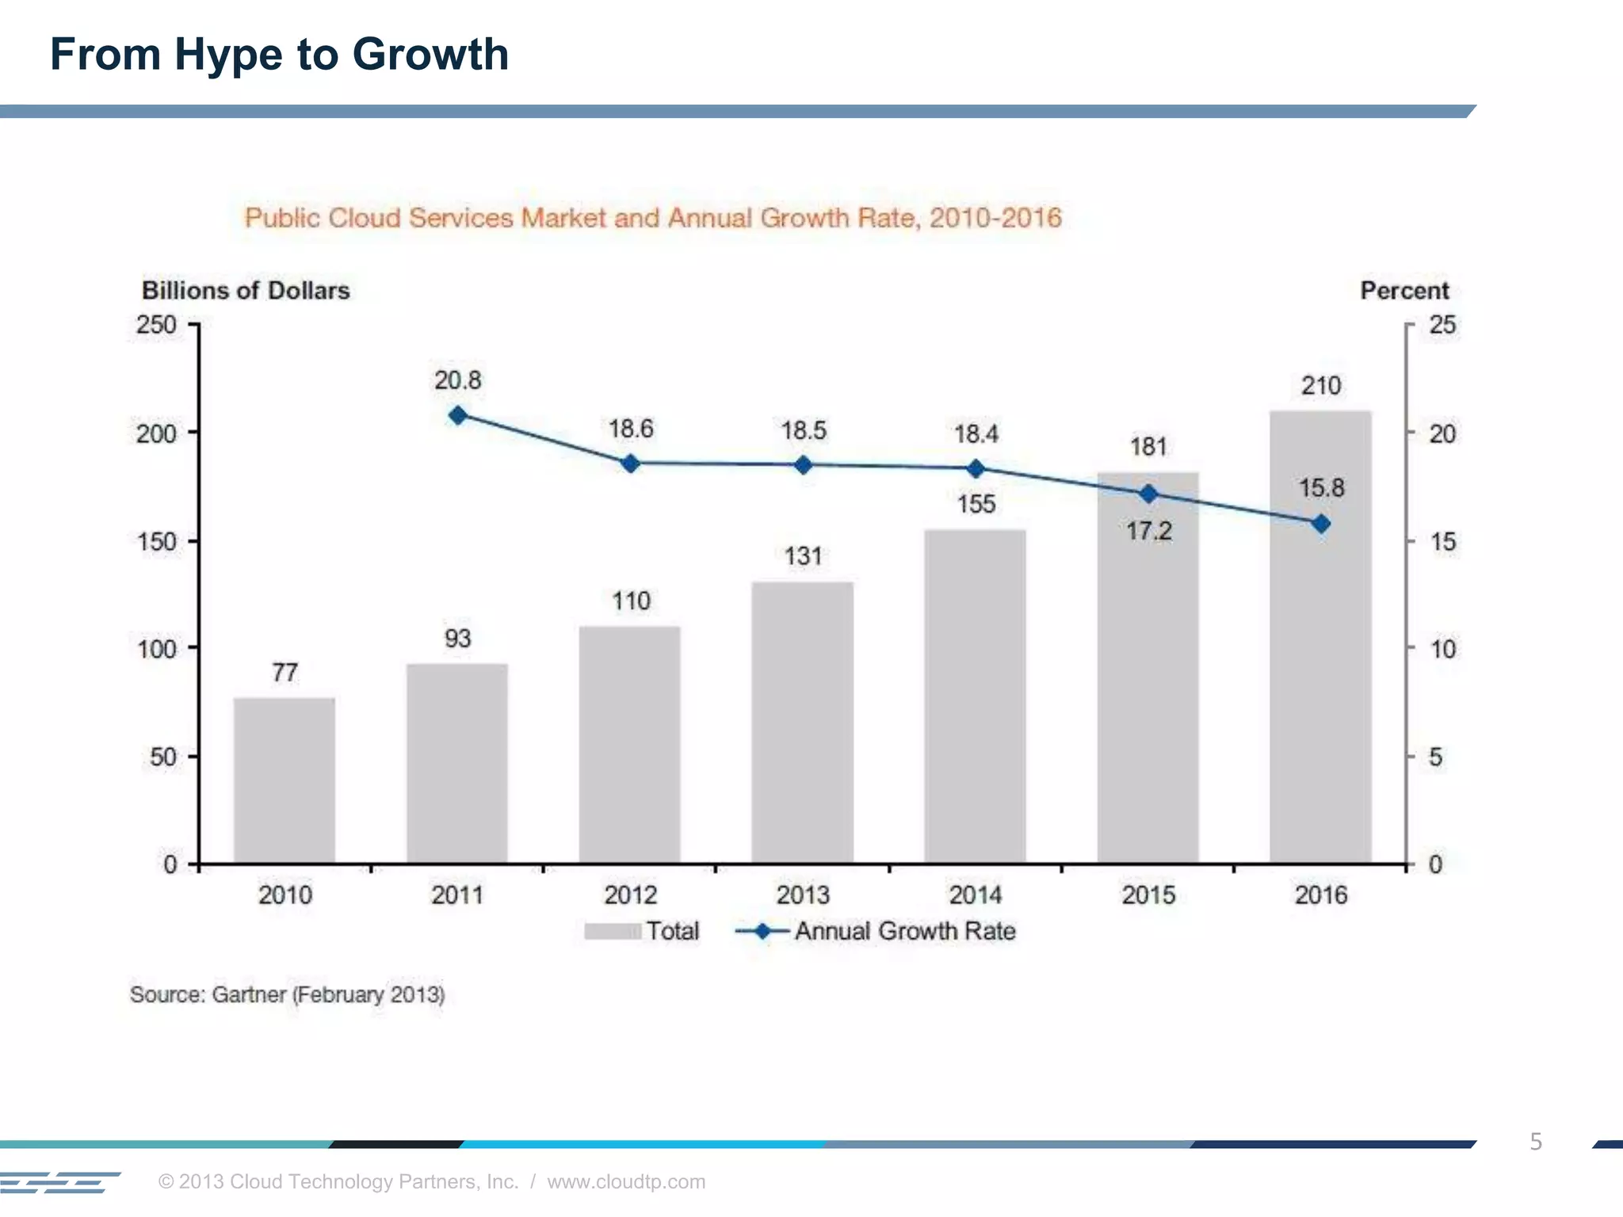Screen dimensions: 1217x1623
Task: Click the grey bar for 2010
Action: pos(285,780)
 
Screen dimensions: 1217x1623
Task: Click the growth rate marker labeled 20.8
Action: pos(458,415)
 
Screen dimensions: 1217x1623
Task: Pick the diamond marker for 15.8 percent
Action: pos(1321,524)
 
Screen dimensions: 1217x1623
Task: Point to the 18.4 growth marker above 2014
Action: pos(976,468)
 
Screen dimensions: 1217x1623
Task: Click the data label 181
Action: pos(1148,447)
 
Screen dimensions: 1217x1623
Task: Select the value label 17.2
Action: pos(1149,531)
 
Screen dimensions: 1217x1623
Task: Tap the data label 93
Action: pos(458,639)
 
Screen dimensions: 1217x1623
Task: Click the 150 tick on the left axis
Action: pos(156,542)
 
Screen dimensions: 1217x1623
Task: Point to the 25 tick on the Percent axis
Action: pos(1442,325)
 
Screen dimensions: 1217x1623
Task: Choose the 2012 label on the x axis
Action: pos(630,895)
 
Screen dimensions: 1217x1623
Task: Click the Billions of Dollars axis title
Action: pos(246,290)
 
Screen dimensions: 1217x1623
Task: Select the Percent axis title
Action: pos(1404,290)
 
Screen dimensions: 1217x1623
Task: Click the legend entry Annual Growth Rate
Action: pos(904,931)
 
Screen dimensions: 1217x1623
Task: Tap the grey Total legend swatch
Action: pos(612,931)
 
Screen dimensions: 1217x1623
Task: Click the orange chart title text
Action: pos(652,217)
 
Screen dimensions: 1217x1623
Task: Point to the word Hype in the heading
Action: pos(228,55)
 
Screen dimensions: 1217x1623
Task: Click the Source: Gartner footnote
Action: pos(287,994)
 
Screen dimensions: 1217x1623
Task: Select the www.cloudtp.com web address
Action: pos(626,1181)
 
